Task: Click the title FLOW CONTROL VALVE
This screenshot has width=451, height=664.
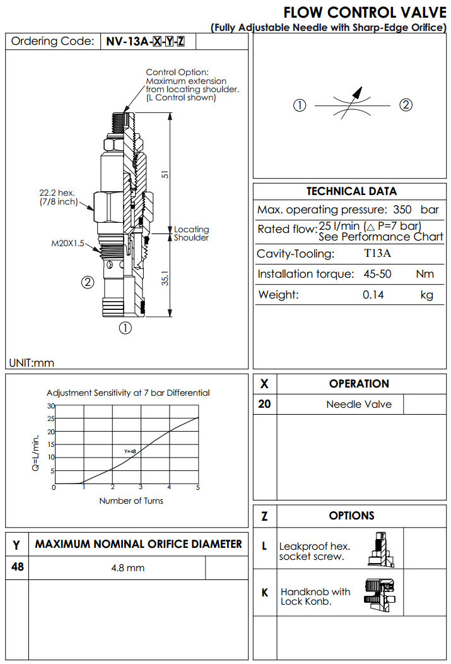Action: pyautogui.click(x=364, y=13)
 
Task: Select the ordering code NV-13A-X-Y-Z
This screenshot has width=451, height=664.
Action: pyautogui.click(x=146, y=42)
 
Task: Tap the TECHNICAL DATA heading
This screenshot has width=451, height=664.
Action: pyautogui.click(x=351, y=191)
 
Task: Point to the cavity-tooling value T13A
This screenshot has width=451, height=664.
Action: pyautogui.click(x=377, y=254)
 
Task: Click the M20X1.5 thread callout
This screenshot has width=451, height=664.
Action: pyautogui.click(x=67, y=242)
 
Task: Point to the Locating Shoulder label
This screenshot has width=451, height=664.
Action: pyautogui.click(x=191, y=234)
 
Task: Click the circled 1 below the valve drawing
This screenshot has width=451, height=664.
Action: pyautogui.click(x=126, y=328)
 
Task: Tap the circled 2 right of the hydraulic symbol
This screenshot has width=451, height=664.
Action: pyautogui.click(x=406, y=105)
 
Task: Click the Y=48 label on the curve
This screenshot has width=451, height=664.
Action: pyautogui.click(x=130, y=451)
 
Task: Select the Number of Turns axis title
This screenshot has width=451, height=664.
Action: pyautogui.click(x=131, y=501)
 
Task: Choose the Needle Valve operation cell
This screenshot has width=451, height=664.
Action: pyautogui.click(x=358, y=404)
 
